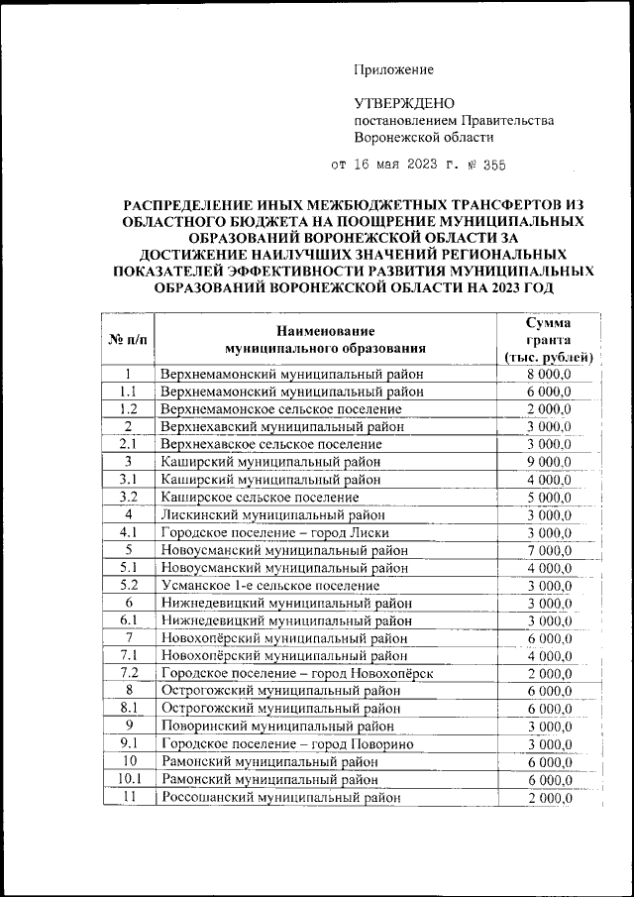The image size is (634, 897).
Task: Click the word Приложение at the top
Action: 394,69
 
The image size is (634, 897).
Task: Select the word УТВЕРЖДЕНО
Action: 404,103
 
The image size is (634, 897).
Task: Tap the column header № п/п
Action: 128,340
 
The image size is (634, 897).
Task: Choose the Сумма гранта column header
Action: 548,340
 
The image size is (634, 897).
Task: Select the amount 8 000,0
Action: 549,374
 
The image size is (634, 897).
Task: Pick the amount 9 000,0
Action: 549,461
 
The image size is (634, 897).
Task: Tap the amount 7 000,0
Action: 549,549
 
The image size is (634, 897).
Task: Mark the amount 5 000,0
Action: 549,497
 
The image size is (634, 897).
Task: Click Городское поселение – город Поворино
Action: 287,743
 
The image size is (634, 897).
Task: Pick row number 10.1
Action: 128,779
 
